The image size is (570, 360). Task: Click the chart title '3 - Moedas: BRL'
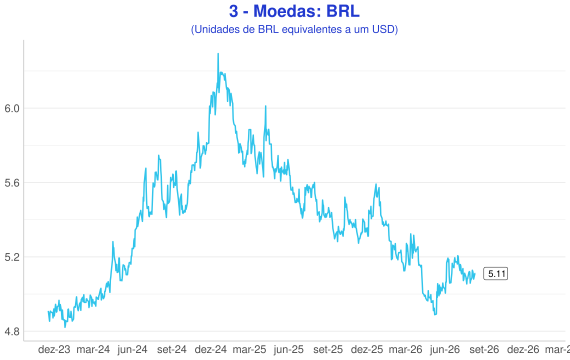tap(294, 11)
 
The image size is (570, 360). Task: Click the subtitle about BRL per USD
tap(294, 29)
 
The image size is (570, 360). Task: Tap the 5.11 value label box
tap(495, 273)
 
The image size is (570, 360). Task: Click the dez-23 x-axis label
tap(54, 349)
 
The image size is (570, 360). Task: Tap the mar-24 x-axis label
tap(93, 349)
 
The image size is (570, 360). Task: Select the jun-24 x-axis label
tap(132, 349)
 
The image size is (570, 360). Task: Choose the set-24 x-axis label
tap(172, 349)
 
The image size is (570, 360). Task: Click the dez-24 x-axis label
tap(210, 349)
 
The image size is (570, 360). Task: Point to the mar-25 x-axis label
tap(249, 349)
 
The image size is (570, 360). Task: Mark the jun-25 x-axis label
tap(289, 349)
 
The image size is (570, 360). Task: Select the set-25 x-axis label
tap(328, 349)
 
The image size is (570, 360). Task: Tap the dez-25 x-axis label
tap(367, 349)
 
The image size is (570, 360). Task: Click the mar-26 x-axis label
tap(406, 349)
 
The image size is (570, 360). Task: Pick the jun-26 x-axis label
tap(445, 349)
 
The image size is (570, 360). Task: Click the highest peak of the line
tap(218, 54)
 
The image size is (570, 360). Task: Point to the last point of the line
tap(475, 274)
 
